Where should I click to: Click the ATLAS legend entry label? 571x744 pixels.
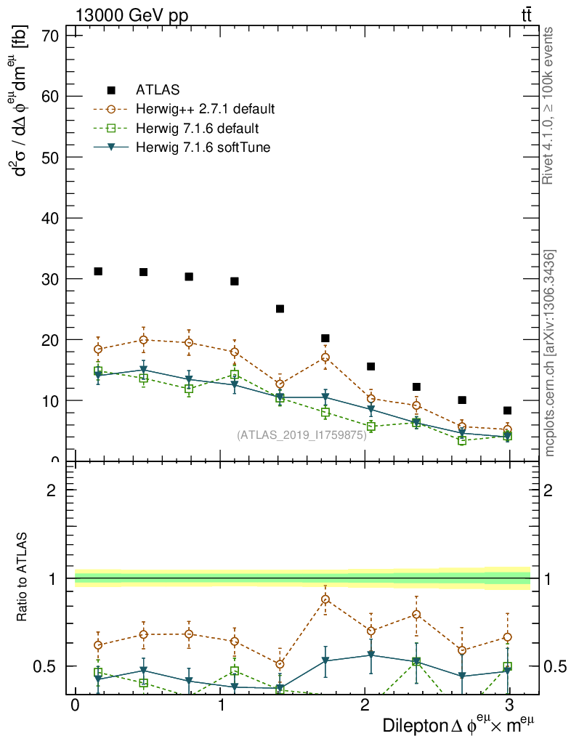click(x=158, y=90)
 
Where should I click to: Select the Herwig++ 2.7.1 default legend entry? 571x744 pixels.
click(x=205, y=110)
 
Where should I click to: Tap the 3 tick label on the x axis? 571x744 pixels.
click(x=509, y=705)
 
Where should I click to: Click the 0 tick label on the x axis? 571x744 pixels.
click(x=75, y=705)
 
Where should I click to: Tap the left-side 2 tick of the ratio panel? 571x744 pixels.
click(x=52, y=490)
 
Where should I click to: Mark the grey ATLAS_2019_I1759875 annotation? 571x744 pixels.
click(x=301, y=434)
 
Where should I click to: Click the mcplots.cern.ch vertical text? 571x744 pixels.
click(x=550, y=353)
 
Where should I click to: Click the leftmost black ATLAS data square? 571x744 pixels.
click(x=98, y=272)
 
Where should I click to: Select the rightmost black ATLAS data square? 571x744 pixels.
click(x=507, y=411)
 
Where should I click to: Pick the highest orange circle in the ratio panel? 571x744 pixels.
click(x=325, y=599)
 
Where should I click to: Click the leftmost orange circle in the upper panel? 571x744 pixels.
click(x=98, y=349)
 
